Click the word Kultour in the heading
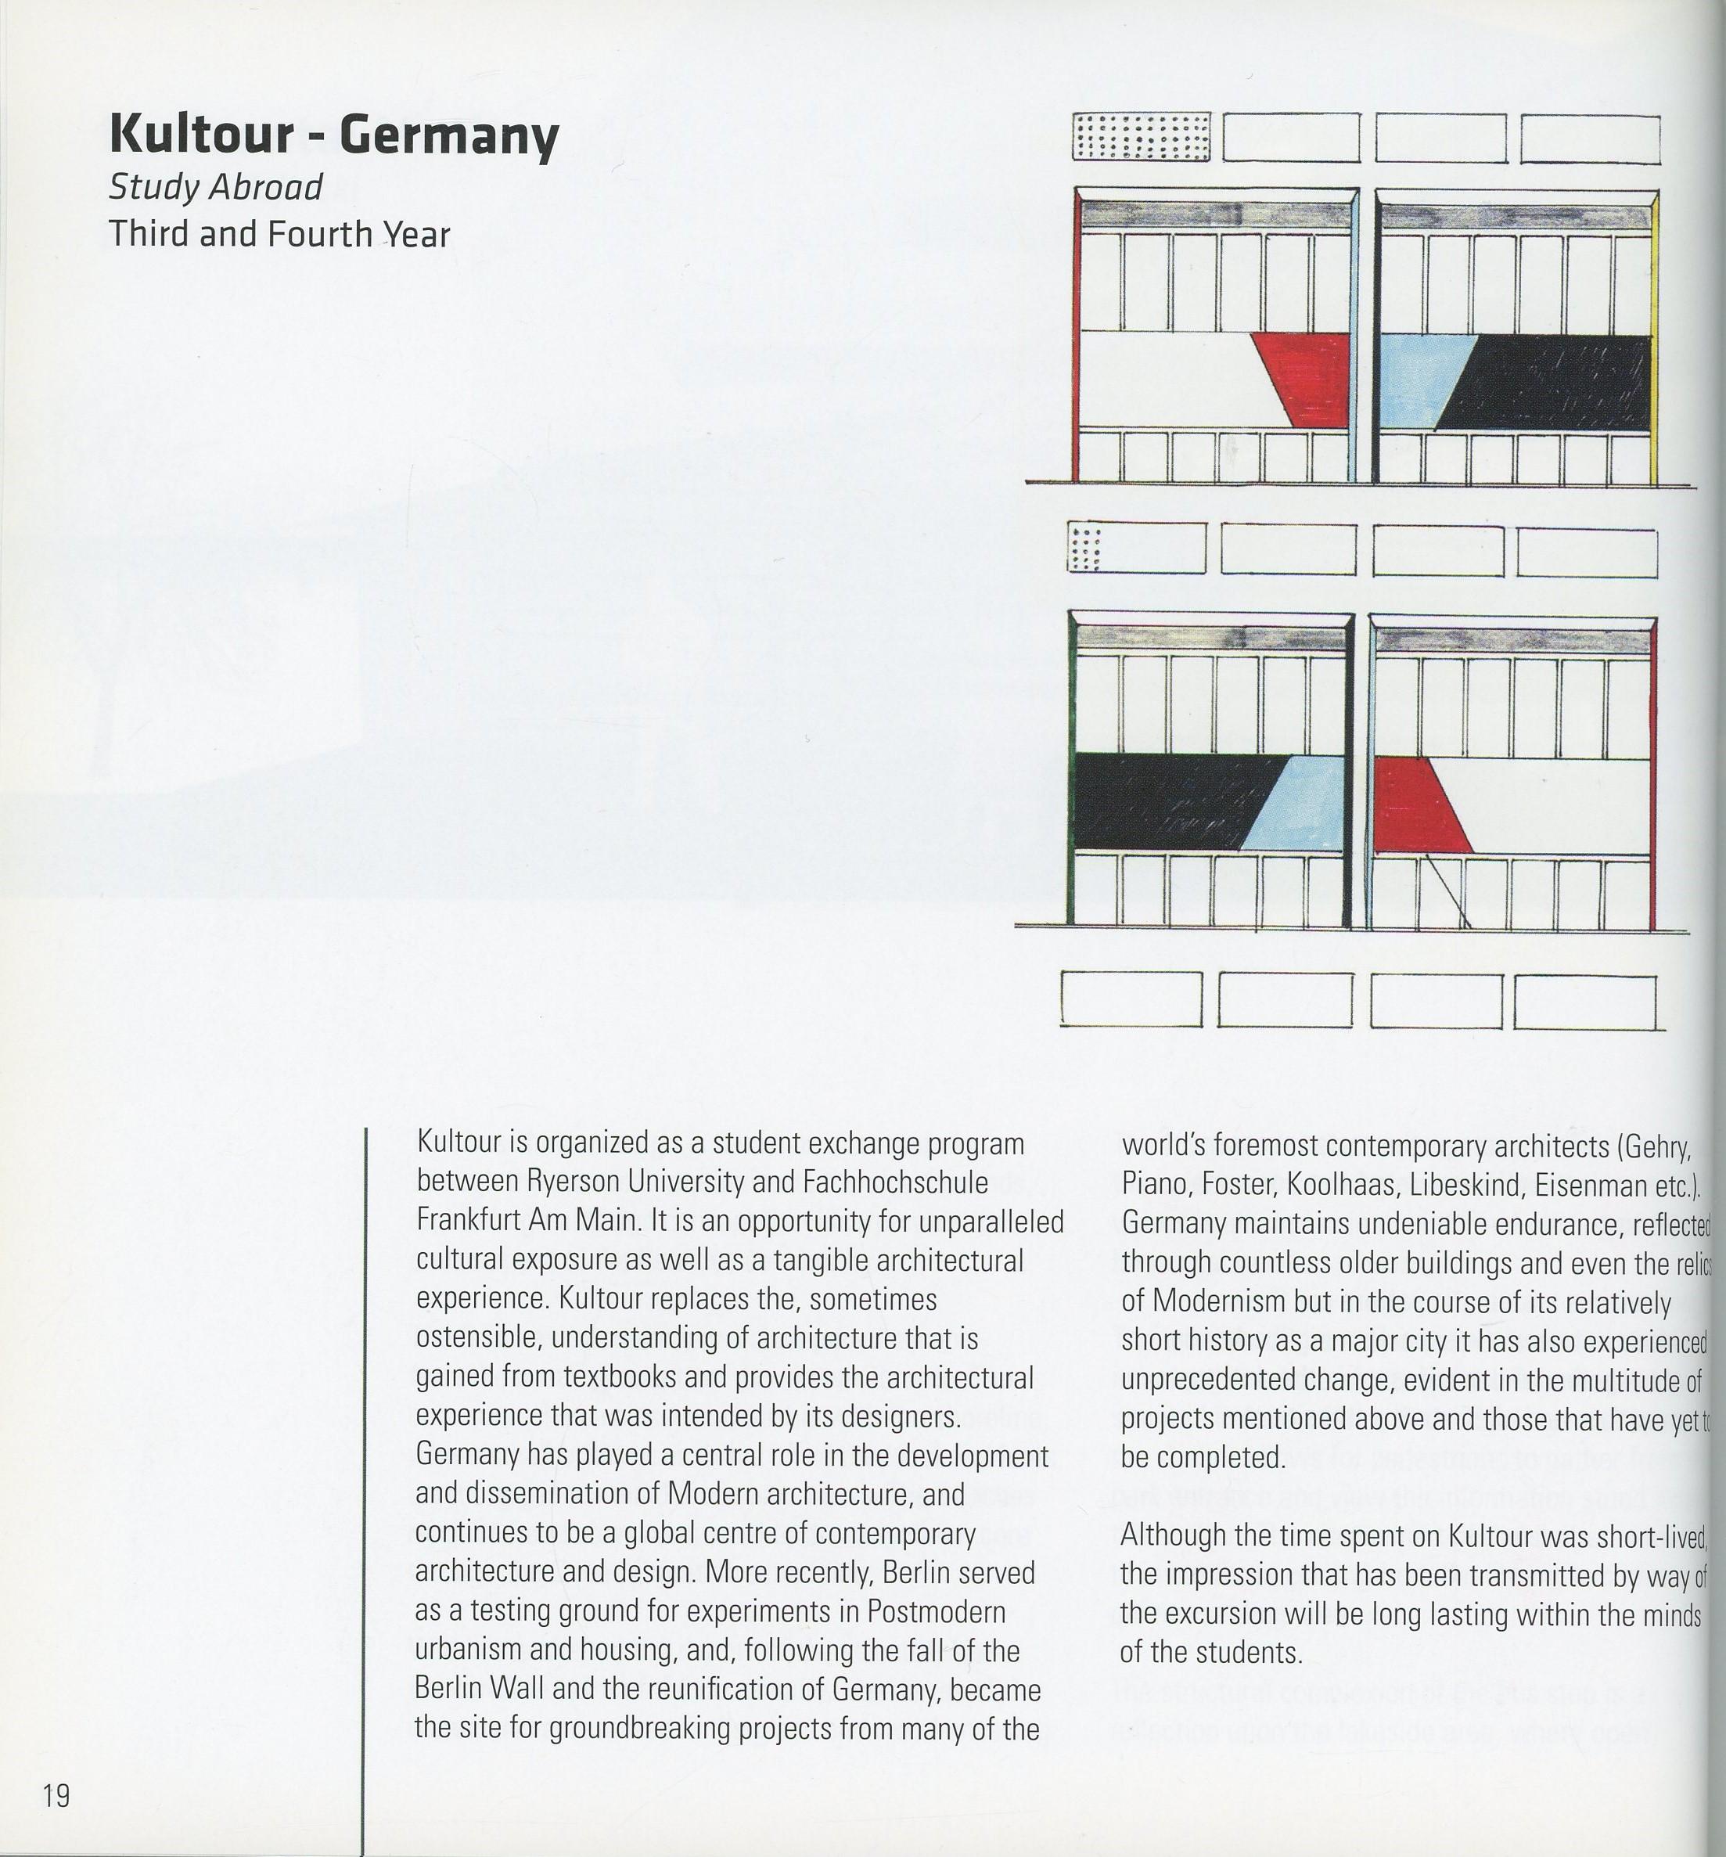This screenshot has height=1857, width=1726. (202, 135)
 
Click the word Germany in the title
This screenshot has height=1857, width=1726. (448, 136)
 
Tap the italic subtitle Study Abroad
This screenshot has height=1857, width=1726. (215, 187)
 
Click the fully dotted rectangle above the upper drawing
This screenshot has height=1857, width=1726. (1142, 137)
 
